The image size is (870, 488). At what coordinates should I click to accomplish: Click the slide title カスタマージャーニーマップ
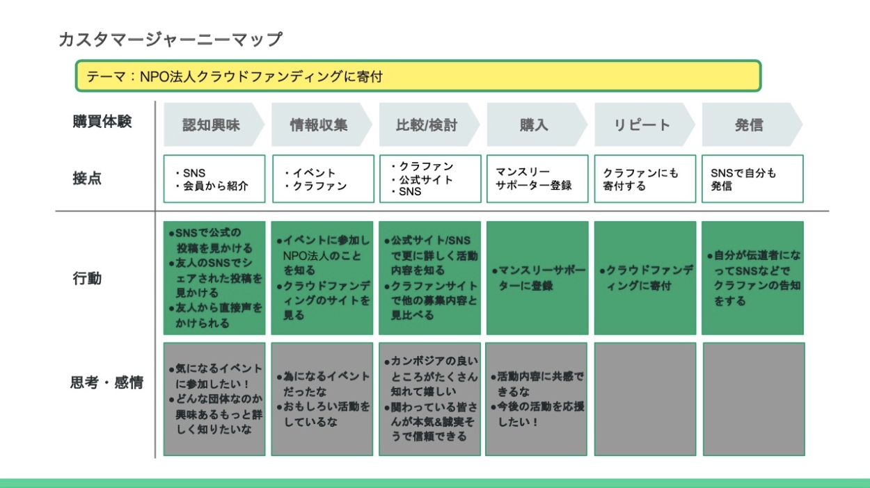click(x=171, y=40)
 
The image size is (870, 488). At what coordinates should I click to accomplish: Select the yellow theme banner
click(x=418, y=76)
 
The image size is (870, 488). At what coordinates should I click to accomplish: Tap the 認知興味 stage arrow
click(x=214, y=124)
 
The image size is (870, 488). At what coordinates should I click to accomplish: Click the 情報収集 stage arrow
click(x=322, y=124)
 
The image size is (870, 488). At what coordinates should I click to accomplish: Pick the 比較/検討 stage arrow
click(x=429, y=124)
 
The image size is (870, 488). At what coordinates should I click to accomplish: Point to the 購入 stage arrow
click(x=537, y=124)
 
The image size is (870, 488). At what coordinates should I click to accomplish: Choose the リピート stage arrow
click(x=644, y=124)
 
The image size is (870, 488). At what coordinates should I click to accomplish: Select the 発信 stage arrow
click(x=752, y=124)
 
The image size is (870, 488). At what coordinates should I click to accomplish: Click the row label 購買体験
click(x=102, y=122)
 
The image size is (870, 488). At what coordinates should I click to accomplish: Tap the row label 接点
click(x=87, y=179)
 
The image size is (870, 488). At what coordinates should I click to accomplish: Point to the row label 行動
click(x=87, y=278)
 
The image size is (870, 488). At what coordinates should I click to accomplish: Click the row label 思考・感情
click(x=106, y=382)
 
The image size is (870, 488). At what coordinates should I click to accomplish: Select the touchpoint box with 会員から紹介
click(x=214, y=179)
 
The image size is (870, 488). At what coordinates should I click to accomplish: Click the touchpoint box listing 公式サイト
click(x=430, y=179)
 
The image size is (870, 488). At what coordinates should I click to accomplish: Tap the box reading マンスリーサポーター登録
click(x=537, y=179)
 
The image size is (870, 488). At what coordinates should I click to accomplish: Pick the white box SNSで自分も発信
click(x=752, y=179)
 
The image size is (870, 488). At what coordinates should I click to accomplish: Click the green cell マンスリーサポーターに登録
click(x=537, y=278)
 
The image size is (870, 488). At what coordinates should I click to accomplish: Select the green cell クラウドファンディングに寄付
click(x=645, y=278)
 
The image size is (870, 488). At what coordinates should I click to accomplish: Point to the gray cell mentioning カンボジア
click(x=429, y=399)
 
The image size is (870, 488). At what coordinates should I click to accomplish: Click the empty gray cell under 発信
click(x=754, y=399)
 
